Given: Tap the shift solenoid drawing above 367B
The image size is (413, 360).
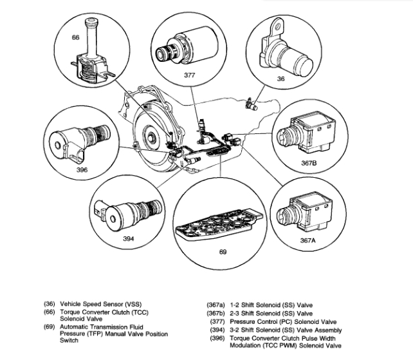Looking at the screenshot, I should (309, 129).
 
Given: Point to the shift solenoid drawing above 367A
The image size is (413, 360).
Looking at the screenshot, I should (306, 209).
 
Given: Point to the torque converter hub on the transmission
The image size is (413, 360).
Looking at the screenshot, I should (149, 137).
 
